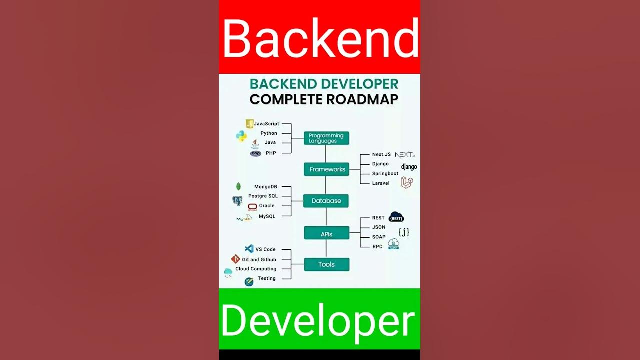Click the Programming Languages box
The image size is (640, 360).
coord(326,138)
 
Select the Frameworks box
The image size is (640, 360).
coord(326,169)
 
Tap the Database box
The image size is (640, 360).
coord(326,201)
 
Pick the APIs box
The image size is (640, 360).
coord(326,234)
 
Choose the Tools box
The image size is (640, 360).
coord(326,264)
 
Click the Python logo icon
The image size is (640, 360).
coord(241,135)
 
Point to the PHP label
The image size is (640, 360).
coord(271,153)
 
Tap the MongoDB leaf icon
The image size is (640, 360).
coord(238,187)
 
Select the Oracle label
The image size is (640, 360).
coord(267,206)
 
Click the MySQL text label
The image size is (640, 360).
coord(267,216)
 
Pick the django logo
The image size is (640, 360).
coord(409,167)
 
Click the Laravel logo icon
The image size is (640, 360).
coord(407,183)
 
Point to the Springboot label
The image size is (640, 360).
coord(385,174)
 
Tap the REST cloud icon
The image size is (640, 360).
coord(396,217)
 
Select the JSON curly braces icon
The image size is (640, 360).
coord(404,232)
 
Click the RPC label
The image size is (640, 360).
coord(377,247)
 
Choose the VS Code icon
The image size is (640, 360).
coord(249,249)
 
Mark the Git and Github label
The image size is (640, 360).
coord(259,260)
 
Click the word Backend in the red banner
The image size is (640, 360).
coord(320,38)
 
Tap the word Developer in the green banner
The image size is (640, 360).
coord(318,320)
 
